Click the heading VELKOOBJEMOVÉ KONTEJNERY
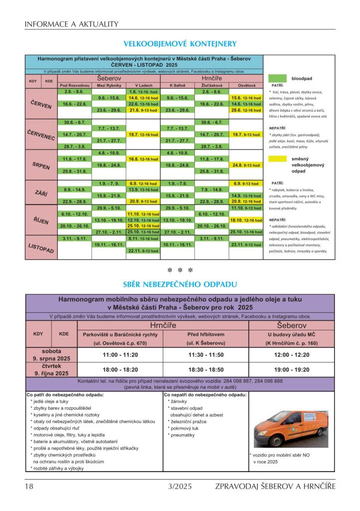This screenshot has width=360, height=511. click(x=180, y=44)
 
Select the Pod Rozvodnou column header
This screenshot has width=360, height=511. click(x=74, y=86)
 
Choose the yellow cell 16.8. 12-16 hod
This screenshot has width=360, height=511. click(x=143, y=159)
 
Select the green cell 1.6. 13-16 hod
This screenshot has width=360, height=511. click(x=143, y=92)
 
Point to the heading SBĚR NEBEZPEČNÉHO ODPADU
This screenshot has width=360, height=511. click(x=180, y=284)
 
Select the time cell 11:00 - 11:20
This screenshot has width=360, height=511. click(x=120, y=354)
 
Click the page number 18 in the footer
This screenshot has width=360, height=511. click(x=29, y=486)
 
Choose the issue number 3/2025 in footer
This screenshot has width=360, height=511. click(x=180, y=486)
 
